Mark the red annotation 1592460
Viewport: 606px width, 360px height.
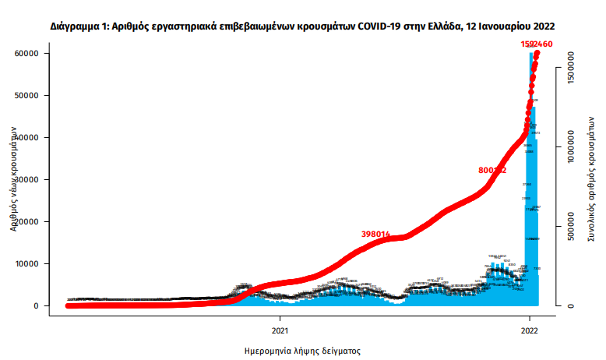(x=537, y=44)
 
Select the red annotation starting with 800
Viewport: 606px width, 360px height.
(x=492, y=170)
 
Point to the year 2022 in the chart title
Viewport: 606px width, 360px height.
(x=543, y=26)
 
